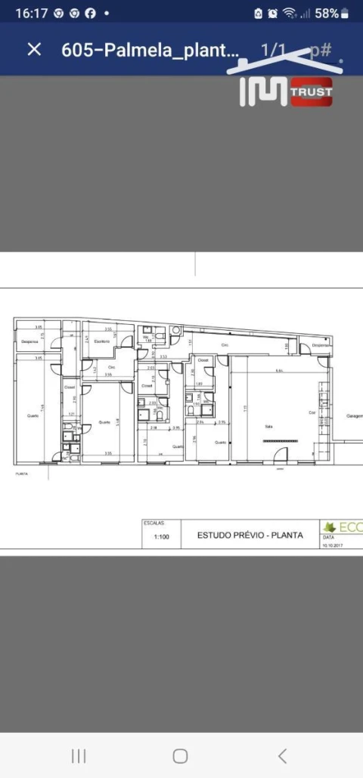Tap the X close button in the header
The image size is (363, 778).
34,49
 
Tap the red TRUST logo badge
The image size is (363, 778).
311,92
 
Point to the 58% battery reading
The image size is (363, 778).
327,13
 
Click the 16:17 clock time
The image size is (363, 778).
31,13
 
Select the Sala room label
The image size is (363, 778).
268,426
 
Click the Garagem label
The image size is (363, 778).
355,416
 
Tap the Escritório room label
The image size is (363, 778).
102,341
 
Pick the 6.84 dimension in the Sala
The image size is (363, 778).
279,370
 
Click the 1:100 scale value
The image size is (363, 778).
161,537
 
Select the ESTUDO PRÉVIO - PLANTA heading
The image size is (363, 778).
250,535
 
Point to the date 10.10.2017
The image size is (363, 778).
333,544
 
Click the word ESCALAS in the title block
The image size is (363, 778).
152,523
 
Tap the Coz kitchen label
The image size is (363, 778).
311,412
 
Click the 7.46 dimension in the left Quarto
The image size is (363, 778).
43,408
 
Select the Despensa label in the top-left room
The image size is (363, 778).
29,342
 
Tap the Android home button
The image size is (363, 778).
180,755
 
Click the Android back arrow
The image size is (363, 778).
282,755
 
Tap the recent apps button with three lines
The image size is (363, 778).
78,755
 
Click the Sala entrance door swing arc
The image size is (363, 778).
279,455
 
